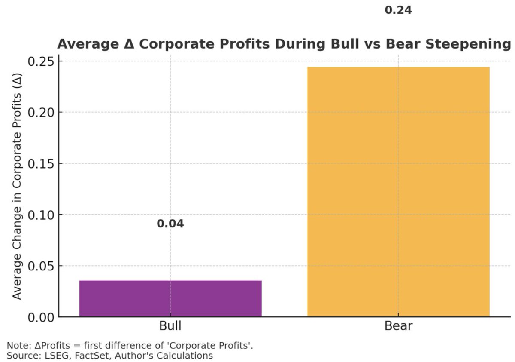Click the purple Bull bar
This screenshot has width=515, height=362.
[170, 298]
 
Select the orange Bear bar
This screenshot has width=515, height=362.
[398, 192]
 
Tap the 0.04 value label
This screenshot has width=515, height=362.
[170, 224]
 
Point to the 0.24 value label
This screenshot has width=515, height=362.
[398, 10]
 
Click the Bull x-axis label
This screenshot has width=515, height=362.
[170, 326]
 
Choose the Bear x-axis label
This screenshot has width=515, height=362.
[398, 326]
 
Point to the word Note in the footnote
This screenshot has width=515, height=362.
[15, 346]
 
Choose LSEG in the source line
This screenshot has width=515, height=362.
[46, 356]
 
